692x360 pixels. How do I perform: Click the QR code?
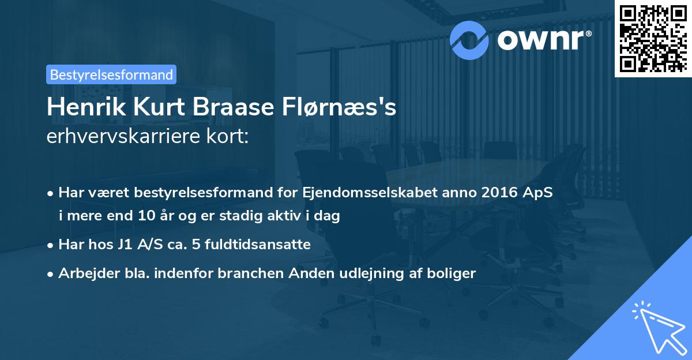(653, 38)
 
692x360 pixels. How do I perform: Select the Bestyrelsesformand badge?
(111, 74)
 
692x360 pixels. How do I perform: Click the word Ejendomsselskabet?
(350, 193)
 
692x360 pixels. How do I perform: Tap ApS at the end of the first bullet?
(539, 193)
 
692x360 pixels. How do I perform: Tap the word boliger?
(453, 273)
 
